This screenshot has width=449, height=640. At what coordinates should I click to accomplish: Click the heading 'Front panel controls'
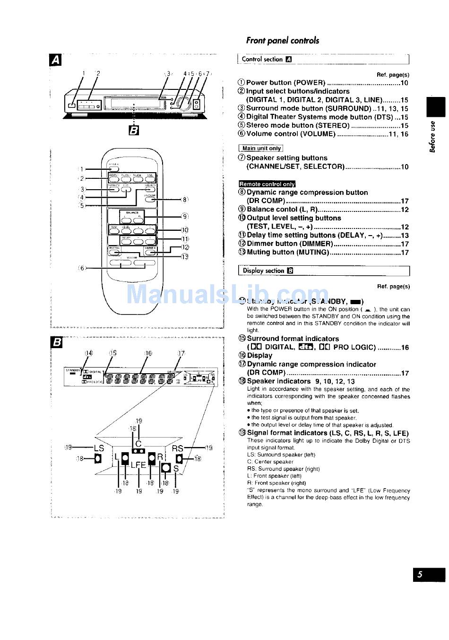[282, 41]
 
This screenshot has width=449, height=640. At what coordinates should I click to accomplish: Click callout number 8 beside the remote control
[185, 200]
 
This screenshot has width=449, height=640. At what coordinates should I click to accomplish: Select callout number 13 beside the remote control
[185, 256]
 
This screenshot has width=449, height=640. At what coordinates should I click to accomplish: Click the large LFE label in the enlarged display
[138, 465]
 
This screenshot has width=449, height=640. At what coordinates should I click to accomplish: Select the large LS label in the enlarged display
[99, 448]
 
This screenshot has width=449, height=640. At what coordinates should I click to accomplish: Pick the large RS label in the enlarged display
[178, 448]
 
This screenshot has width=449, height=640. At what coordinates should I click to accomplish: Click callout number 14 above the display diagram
[89, 353]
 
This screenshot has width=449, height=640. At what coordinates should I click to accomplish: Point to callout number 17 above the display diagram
[181, 353]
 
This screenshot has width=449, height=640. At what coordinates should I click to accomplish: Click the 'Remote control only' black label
[267, 184]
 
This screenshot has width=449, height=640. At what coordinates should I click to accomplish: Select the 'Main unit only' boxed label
[261, 149]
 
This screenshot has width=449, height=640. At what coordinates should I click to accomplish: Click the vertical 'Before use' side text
[432, 137]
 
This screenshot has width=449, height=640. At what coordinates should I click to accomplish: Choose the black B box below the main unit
[134, 131]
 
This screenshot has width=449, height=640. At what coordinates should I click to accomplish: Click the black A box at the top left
[55, 60]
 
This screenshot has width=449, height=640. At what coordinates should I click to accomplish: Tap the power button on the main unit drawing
[71, 105]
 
